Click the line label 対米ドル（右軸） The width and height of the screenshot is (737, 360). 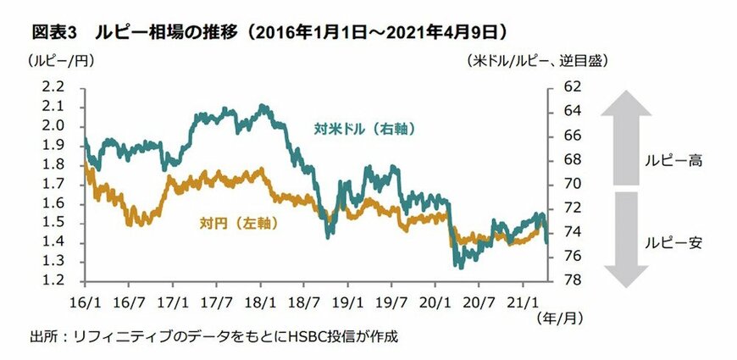[x=367, y=130]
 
